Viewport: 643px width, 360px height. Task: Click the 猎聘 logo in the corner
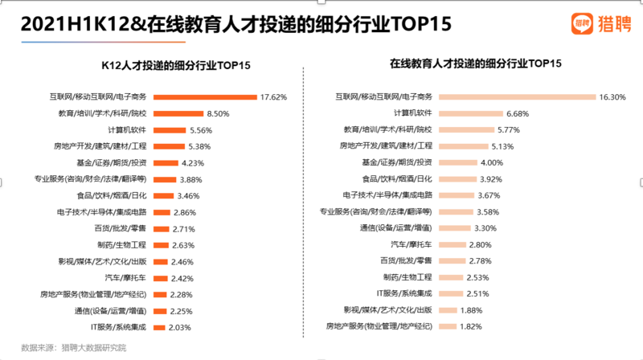click(x=599, y=23)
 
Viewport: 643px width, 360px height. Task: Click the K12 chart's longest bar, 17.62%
click(x=204, y=97)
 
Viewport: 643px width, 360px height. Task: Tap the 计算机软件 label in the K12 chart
click(x=127, y=129)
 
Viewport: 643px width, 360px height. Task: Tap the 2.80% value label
click(x=480, y=244)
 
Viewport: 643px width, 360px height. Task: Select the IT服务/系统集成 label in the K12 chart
click(x=118, y=327)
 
